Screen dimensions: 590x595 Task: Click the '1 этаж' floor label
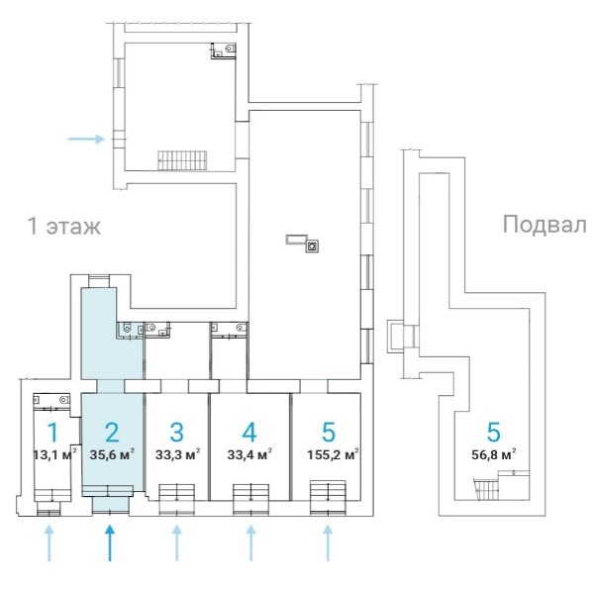63,226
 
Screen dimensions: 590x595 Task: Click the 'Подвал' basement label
544,224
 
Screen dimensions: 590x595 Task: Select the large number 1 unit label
52,432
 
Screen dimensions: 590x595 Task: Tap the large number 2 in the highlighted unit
112,432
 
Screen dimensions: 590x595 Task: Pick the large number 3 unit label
176,432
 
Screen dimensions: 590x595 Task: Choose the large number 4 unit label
249,432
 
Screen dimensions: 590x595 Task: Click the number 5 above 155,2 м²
329,432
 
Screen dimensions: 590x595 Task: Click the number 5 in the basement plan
493,432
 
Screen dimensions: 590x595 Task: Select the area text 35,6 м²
113,455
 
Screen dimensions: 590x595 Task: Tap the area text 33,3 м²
178,455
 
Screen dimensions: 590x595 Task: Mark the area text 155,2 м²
331,455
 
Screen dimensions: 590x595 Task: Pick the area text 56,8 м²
494,455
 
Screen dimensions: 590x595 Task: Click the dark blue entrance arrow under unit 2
110,543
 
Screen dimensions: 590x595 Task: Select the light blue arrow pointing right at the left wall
86,139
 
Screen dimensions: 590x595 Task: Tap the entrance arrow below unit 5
328,543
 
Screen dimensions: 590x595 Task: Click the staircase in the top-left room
179,158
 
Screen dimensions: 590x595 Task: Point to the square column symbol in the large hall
311,246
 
